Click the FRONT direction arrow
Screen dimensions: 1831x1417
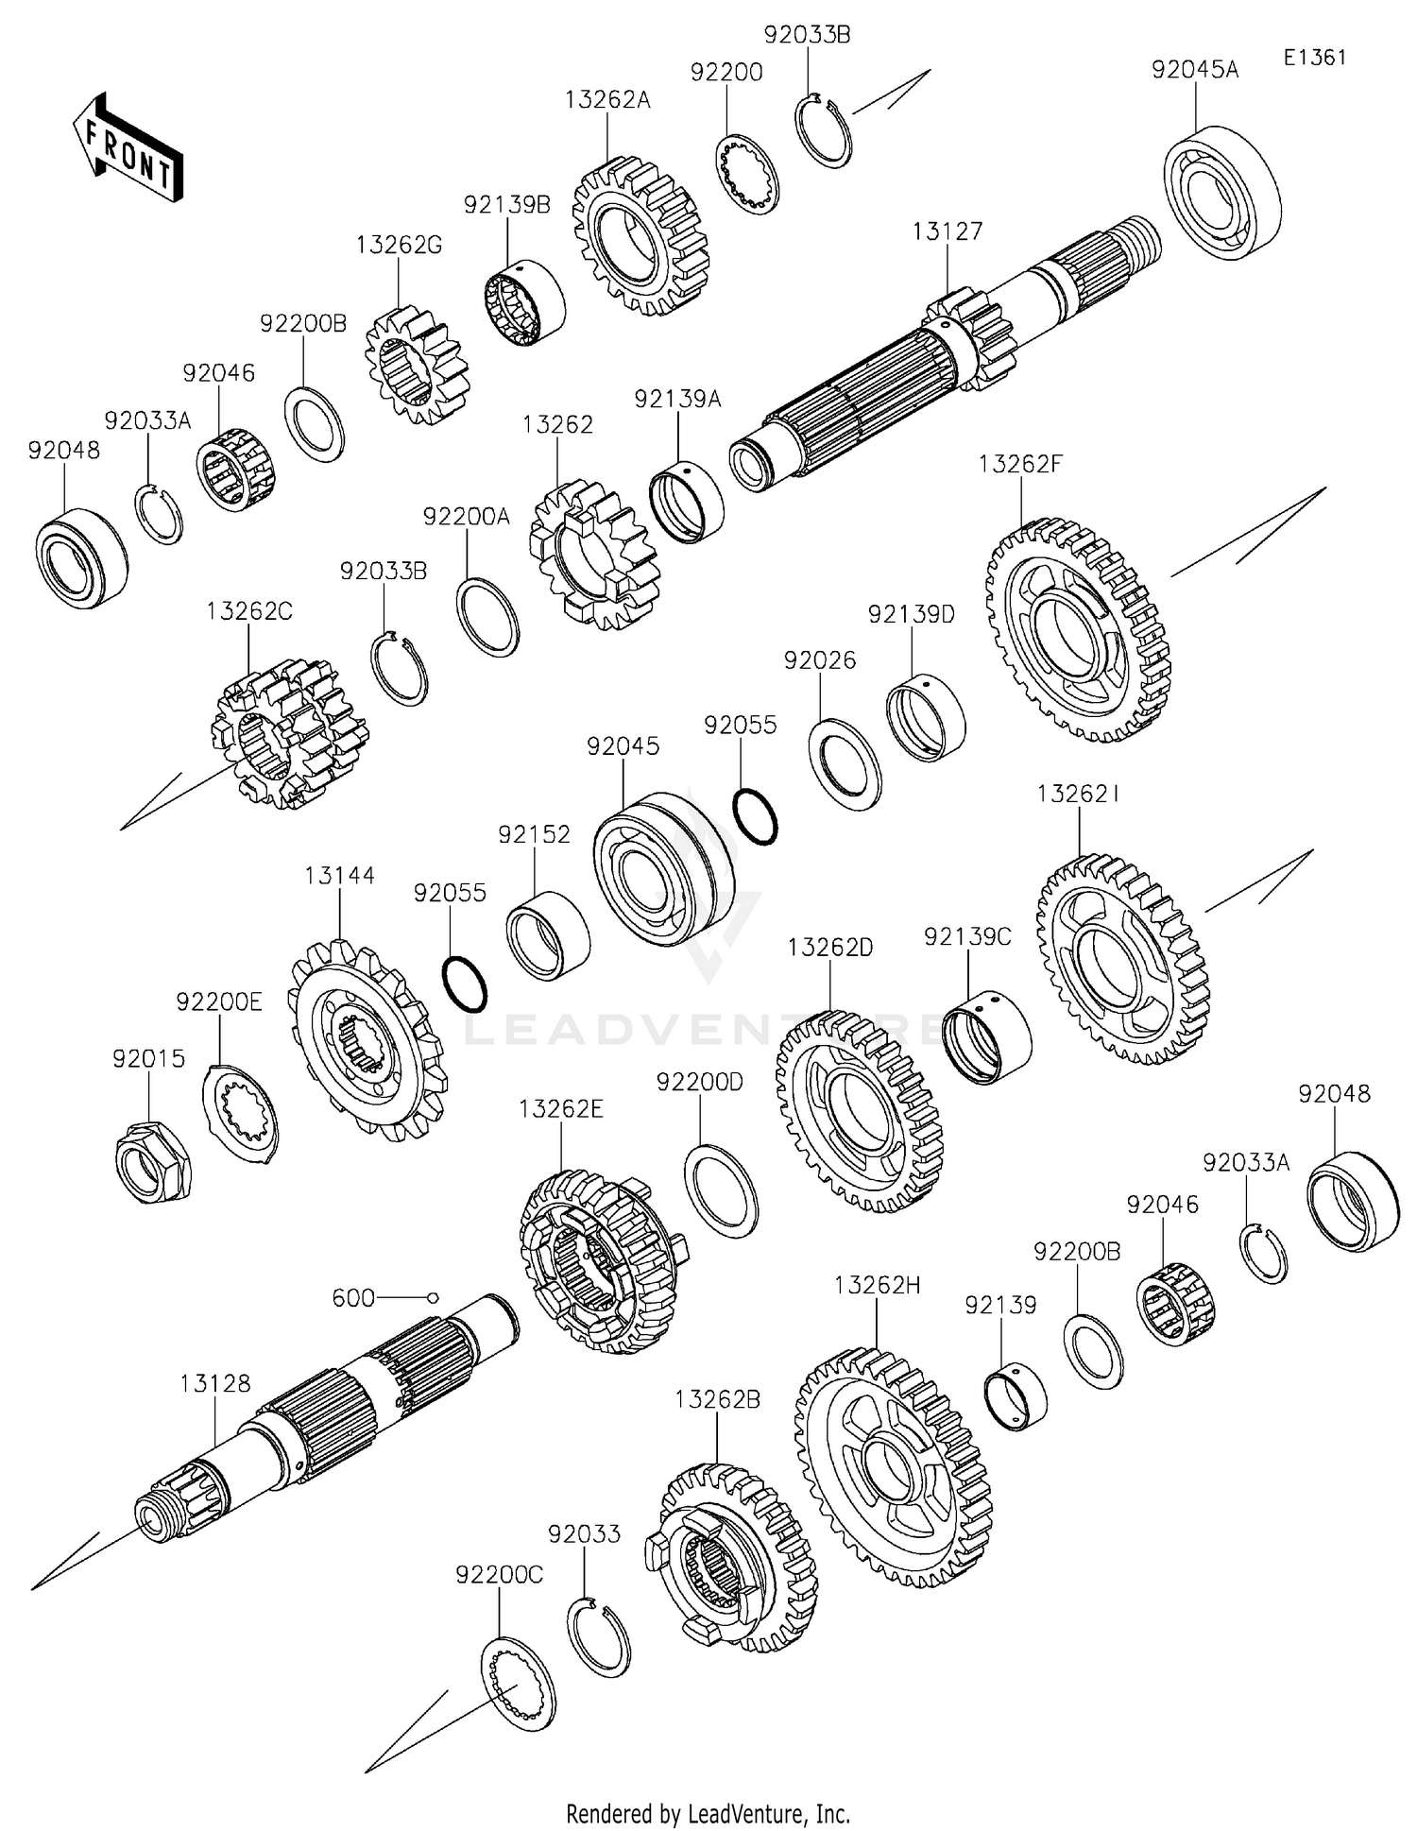click(128, 149)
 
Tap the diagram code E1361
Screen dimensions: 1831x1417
click(1314, 58)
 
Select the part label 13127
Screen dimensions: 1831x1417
click(947, 231)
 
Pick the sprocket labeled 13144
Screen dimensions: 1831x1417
click(367, 1037)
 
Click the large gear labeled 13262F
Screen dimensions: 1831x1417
click(1078, 629)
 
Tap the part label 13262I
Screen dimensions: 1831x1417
click(1078, 794)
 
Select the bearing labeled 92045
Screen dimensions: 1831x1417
click(663, 869)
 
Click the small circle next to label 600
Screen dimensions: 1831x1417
click(433, 1298)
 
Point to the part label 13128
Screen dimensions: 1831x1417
click(215, 1383)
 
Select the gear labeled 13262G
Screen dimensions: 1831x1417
click(416, 365)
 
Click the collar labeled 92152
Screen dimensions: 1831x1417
click(548, 934)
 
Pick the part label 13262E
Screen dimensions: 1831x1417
click(560, 1108)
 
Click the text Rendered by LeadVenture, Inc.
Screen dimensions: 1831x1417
click(708, 1813)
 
